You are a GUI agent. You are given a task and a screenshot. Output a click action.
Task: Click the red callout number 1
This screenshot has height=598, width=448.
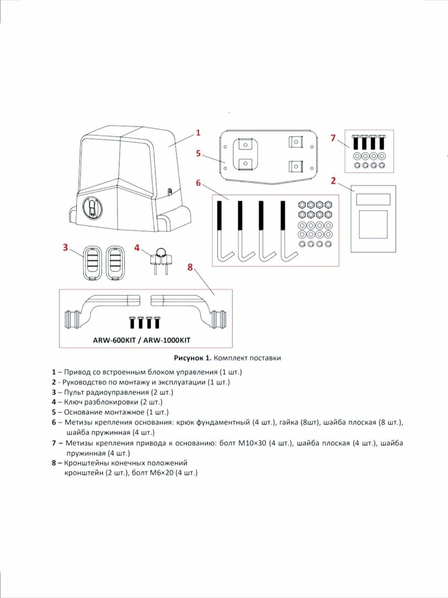click(198, 132)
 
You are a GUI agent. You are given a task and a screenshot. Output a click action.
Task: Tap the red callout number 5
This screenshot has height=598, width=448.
click(198, 154)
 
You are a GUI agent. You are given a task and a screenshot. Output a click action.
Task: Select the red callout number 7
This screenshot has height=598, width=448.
click(333, 137)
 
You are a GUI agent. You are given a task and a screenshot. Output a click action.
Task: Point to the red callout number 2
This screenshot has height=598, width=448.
click(333, 181)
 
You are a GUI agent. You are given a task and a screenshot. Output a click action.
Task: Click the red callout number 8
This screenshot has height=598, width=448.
click(190, 267)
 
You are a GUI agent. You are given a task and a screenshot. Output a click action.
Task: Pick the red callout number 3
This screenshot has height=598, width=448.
click(65, 248)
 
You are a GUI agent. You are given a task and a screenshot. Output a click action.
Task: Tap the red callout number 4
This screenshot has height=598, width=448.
click(137, 248)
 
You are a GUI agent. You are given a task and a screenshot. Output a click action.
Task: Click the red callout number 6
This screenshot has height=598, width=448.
click(198, 183)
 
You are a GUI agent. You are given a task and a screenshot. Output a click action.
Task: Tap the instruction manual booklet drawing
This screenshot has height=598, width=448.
click(373, 219)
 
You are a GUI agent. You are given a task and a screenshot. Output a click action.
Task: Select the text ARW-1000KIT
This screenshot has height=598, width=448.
click(167, 340)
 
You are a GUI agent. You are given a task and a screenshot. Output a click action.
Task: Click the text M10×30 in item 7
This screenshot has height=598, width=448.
click(248, 443)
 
